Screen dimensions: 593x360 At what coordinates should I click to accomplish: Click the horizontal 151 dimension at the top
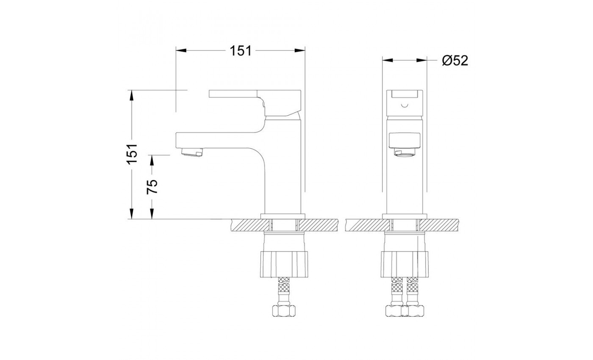click(241, 50)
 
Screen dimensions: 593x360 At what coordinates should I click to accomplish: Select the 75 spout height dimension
click(152, 187)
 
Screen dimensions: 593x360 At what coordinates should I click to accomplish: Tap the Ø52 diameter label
click(455, 61)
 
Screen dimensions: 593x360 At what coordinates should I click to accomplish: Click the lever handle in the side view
click(255, 102)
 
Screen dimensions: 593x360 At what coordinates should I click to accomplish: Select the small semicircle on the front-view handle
click(405, 105)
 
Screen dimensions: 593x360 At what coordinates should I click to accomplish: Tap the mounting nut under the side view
click(284, 264)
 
